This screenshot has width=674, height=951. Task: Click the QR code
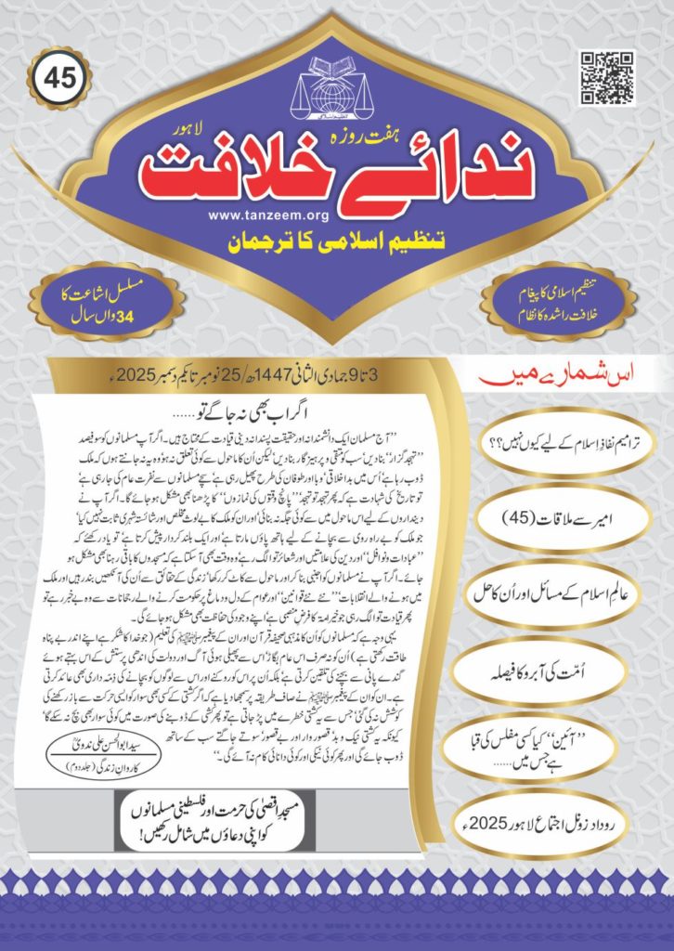[x=607, y=79]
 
